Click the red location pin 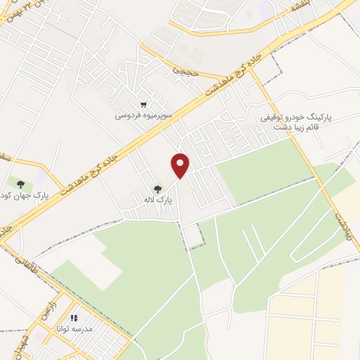[x=181, y=165]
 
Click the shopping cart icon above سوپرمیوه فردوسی [x=143, y=103]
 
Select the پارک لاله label [x=157, y=200]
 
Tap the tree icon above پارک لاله [x=157, y=188]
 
